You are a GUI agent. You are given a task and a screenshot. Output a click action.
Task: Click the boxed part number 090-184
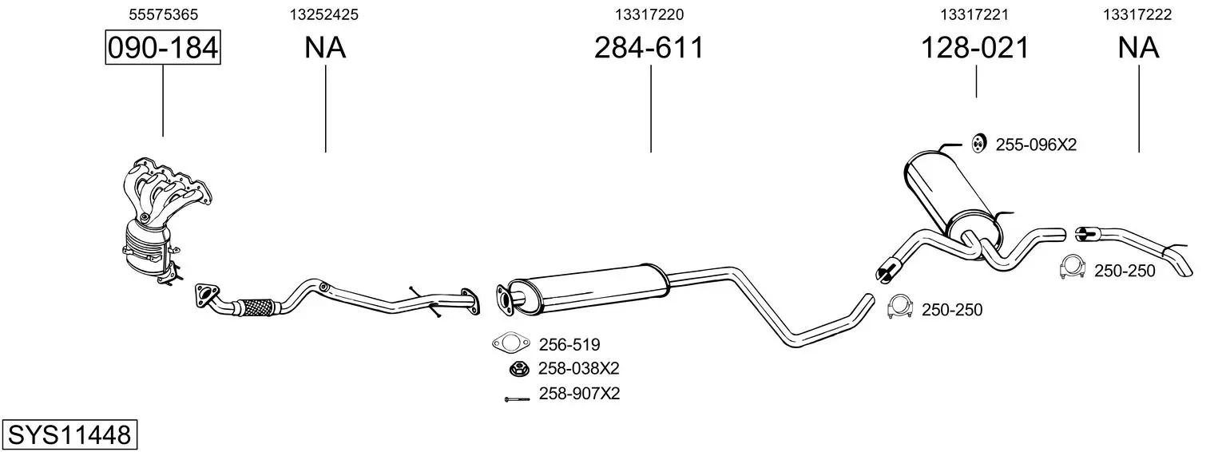pos(163,47)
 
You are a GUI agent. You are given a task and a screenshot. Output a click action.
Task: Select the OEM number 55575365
pos(163,14)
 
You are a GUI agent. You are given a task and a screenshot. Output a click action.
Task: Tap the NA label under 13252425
pos(325,47)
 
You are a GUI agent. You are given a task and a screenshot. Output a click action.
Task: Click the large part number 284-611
pos(649,47)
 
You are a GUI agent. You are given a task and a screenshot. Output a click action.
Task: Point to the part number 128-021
pos(975,47)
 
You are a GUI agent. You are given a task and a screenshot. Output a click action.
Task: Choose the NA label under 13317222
pos(1138,47)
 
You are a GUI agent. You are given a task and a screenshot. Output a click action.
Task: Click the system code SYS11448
pos(69,435)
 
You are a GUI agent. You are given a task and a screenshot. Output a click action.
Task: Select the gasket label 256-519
pos(569,344)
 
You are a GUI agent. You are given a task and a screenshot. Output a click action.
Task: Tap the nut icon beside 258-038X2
pos(519,369)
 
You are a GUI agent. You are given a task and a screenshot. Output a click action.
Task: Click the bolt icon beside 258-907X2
pos(518,399)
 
